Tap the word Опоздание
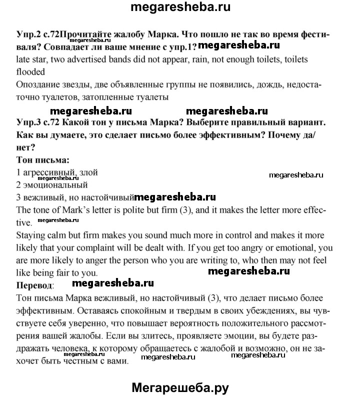tap(40, 84)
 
